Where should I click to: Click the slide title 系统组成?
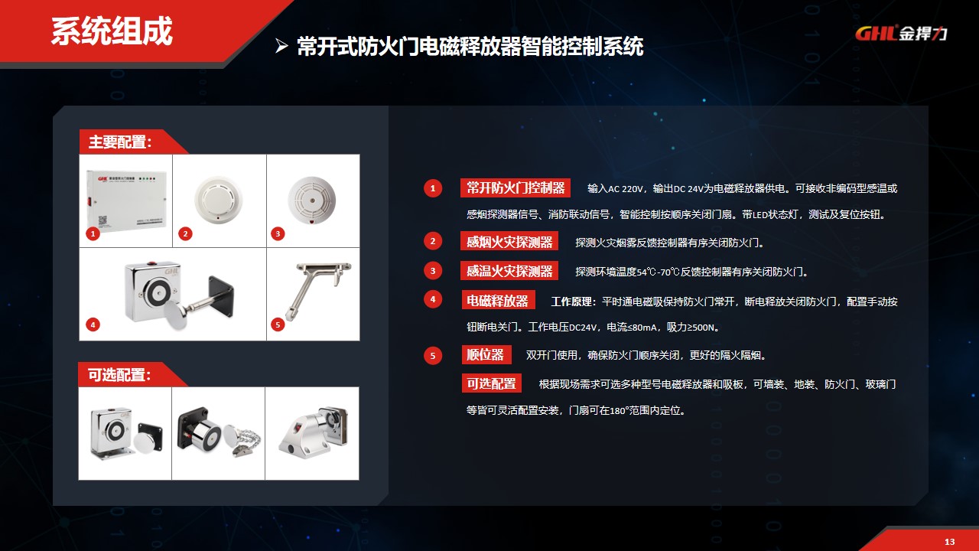click(x=112, y=31)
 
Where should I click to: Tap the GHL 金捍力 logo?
click(x=901, y=33)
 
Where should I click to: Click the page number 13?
click(x=950, y=542)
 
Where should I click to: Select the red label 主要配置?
click(x=121, y=142)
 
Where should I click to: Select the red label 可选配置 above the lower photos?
click(x=120, y=375)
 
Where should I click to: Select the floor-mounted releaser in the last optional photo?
click(x=312, y=432)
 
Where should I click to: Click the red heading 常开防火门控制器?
click(x=516, y=188)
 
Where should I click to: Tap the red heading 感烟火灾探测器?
click(x=509, y=242)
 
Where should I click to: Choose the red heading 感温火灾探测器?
click(x=509, y=271)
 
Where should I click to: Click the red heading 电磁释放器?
click(x=498, y=301)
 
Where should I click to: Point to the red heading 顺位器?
click(x=486, y=355)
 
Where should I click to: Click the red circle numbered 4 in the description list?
click(x=433, y=299)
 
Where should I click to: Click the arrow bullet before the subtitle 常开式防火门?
click(x=281, y=47)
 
